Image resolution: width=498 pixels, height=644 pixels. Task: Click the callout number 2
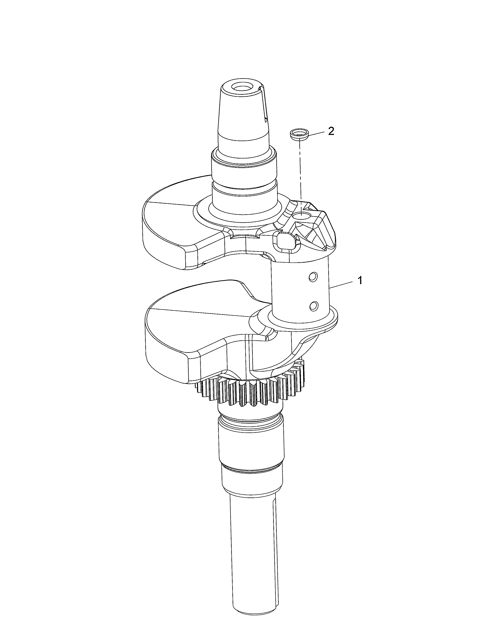331,131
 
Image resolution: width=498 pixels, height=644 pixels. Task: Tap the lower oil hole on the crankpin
314,306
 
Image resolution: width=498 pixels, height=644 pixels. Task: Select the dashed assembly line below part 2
300,171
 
